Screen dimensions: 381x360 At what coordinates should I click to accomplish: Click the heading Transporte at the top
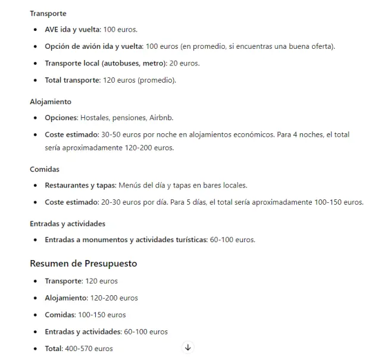click(x=48, y=13)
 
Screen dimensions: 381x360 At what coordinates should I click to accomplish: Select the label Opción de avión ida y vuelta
click(x=93, y=46)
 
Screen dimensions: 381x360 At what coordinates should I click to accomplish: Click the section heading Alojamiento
click(x=51, y=102)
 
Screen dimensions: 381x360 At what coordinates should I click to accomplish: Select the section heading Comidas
click(x=45, y=169)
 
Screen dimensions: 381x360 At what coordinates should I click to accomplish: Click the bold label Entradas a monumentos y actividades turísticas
click(x=126, y=240)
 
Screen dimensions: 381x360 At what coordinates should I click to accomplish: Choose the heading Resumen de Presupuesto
click(x=83, y=262)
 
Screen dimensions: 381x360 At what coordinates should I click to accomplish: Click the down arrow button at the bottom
click(x=188, y=347)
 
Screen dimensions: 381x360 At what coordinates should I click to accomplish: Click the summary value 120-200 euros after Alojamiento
click(x=114, y=298)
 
